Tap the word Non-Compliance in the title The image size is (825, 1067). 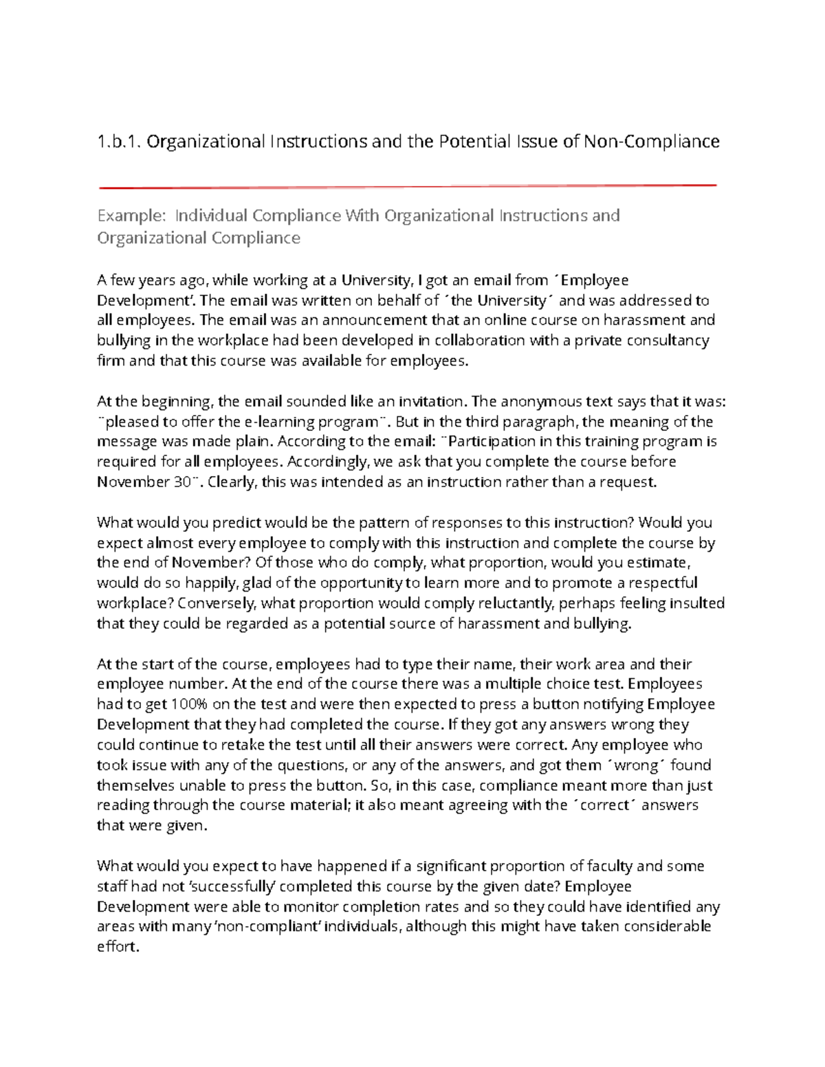click(651, 142)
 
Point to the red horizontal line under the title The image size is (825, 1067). click(408, 186)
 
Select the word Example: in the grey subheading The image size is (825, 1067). click(131, 216)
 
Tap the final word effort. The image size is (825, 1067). click(118, 947)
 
